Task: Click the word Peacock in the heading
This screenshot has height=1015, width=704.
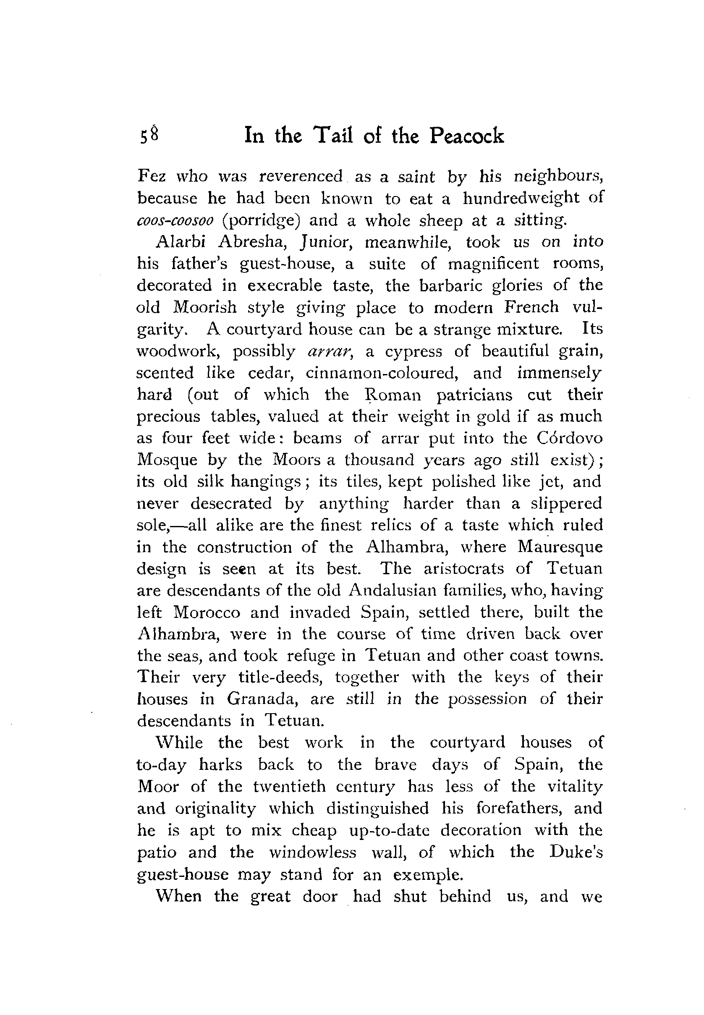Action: [x=466, y=136]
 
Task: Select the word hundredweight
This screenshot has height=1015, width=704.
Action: [x=521, y=198]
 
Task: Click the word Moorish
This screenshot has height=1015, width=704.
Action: [x=205, y=307]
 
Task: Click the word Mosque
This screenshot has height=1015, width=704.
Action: [x=167, y=460]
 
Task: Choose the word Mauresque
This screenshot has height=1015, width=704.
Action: [x=560, y=547]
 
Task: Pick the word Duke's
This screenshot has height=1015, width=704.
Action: [x=576, y=852]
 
